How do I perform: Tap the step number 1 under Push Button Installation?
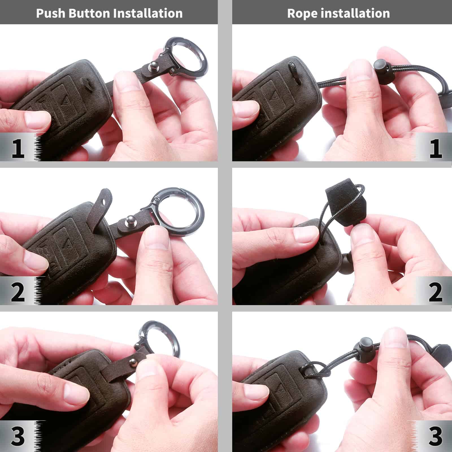18,149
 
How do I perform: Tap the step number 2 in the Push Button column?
18,292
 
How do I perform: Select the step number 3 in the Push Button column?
18,436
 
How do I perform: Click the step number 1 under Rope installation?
435,149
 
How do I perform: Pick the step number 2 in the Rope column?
435,292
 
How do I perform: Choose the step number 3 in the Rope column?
435,436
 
